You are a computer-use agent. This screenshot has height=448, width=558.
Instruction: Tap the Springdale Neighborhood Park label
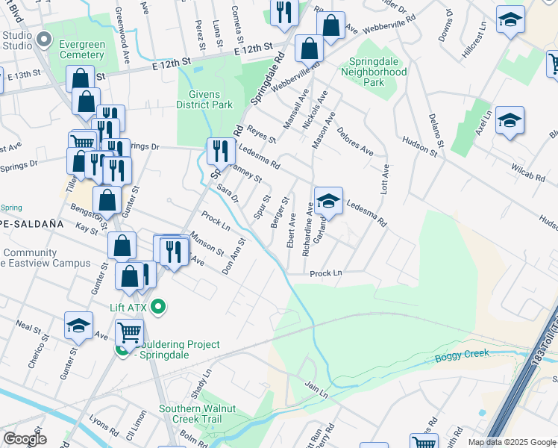[x=374, y=72]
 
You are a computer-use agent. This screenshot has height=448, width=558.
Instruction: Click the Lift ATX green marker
[x=158, y=306]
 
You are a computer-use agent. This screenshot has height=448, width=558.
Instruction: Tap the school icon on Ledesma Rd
[x=328, y=201]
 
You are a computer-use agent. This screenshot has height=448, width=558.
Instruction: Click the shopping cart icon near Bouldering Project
[x=130, y=332]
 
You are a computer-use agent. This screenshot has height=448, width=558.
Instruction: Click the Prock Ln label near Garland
[x=325, y=273]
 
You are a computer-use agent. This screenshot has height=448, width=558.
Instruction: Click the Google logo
[x=25, y=439]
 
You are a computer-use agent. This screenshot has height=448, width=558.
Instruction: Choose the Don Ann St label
[x=234, y=255]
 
